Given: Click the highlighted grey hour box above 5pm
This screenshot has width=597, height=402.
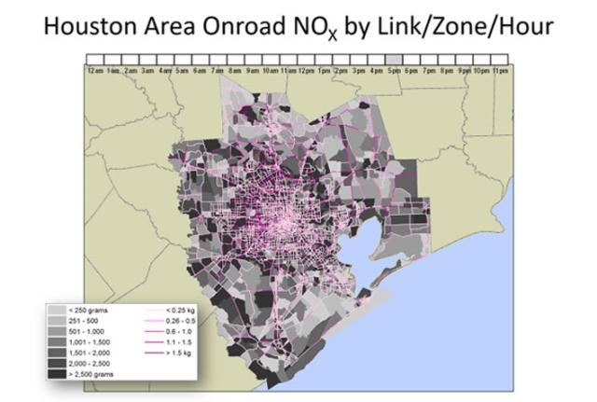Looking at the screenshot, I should point(394,59).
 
